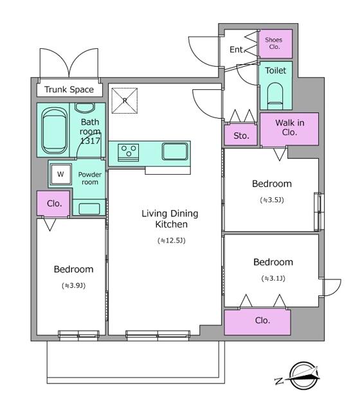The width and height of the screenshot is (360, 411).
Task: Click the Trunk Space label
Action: tap(69, 90)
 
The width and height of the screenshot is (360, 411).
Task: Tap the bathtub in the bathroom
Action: tap(54, 131)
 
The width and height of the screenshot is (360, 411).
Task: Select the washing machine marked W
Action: tap(61, 174)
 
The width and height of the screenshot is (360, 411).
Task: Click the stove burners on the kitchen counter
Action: tap(129, 152)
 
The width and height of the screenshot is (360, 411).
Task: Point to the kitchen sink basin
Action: tap(175, 152)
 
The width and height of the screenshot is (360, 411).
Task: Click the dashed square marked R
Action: tap(125, 101)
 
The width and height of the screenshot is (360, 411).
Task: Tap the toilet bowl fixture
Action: tap(275, 96)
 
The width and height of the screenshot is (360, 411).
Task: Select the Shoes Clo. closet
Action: tap(275, 44)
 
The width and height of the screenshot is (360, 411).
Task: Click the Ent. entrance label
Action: tap(237, 49)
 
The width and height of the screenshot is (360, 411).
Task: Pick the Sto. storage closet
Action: tap(241, 135)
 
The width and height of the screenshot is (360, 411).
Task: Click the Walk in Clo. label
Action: tap(290, 127)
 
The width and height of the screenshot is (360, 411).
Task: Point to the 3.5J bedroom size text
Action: tap(272, 200)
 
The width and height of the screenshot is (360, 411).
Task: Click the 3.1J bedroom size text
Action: tap(273, 278)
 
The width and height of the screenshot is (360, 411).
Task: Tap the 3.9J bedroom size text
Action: tap(74, 285)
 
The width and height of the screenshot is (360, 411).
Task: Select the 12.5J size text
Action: tap(172, 240)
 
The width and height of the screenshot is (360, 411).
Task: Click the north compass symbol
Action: tap(303, 376)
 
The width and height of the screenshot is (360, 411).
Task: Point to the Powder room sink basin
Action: tap(89, 209)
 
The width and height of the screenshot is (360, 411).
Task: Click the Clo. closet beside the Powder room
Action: tap(53, 204)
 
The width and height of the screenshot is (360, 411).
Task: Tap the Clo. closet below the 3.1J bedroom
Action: tap(257, 322)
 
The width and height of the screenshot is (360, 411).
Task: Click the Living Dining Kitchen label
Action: tap(170, 219)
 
